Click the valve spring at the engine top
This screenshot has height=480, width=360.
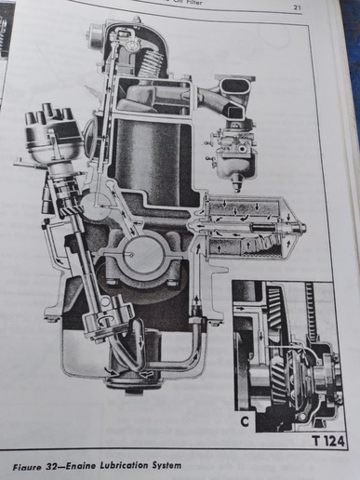[147, 67]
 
